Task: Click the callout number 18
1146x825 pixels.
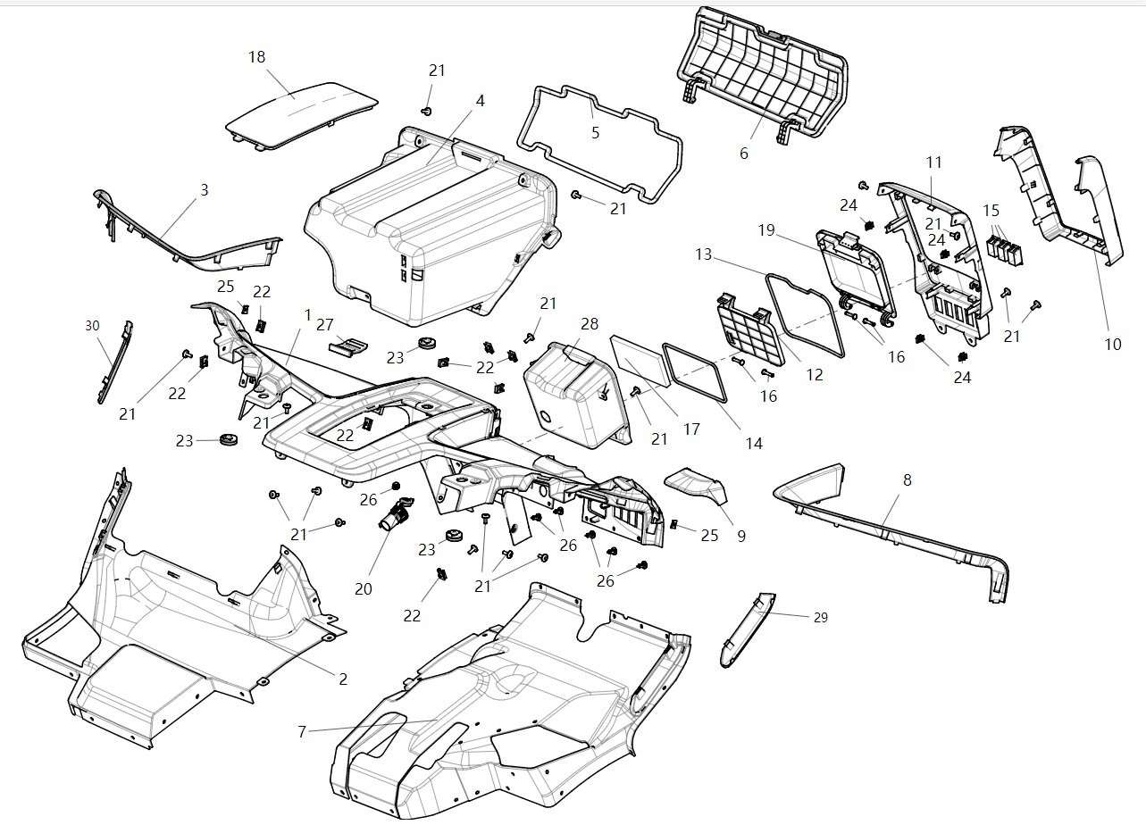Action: [256, 57]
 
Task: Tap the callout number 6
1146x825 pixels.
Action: [744, 154]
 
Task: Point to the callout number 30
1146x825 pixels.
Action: [93, 326]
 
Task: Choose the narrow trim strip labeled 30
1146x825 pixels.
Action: [114, 362]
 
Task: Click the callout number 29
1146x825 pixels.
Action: [819, 617]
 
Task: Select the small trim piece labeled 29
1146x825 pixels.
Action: [747, 629]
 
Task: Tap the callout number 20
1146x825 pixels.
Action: [363, 589]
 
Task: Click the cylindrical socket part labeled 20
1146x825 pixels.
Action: [396, 516]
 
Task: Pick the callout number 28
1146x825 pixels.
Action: [590, 324]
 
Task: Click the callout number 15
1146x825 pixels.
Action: [991, 211]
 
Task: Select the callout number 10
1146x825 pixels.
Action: [1112, 345]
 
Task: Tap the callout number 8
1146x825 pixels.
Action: [908, 480]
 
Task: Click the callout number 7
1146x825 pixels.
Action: [302, 732]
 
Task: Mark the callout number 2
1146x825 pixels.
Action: [342, 679]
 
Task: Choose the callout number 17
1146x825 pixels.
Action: [691, 429]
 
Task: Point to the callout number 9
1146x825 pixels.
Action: [741, 537]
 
